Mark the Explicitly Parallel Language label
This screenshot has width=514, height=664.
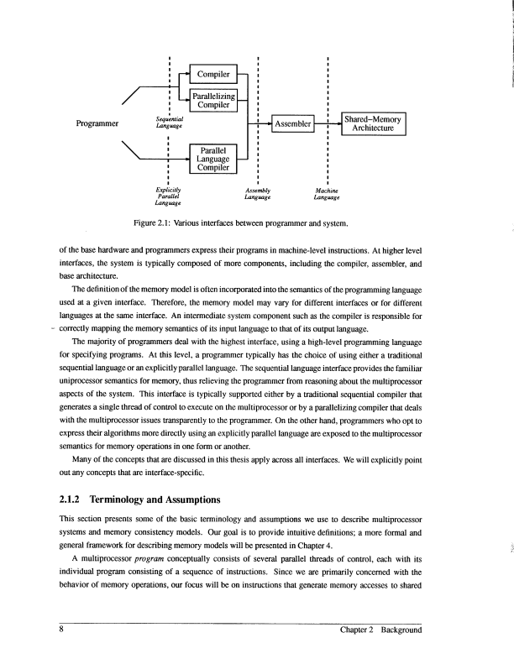(170, 196)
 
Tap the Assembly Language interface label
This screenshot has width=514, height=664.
(259, 193)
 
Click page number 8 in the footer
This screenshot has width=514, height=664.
(61, 630)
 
